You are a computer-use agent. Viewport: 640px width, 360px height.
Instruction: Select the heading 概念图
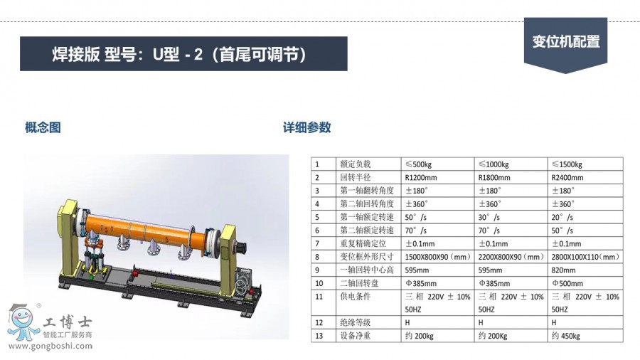(x=43, y=127)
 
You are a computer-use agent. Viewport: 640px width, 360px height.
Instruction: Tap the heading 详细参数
(x=307, y=127)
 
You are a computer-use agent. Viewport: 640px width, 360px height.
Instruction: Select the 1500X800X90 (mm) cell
(x=437, y=257)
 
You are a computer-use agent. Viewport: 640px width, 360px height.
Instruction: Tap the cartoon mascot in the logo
(x=23, y=322)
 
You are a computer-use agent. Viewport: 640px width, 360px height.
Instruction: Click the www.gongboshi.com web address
(x=50, y=346)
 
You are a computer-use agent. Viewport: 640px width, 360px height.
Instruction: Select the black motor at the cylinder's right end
(x=241, y=248)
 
